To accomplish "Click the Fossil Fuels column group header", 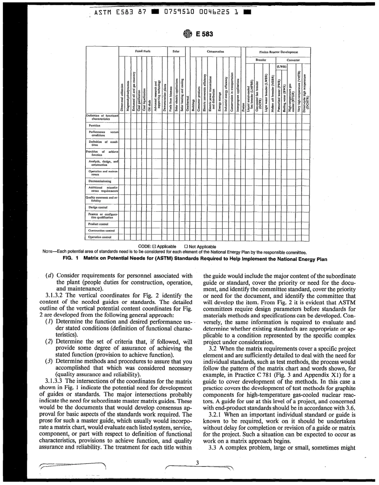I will tap(142, 52).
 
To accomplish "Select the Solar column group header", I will tap(176, 52).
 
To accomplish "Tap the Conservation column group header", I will tap(215, 52).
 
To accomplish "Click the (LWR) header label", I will tap(282, 66).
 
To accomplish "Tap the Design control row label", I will tap(99, 207).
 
